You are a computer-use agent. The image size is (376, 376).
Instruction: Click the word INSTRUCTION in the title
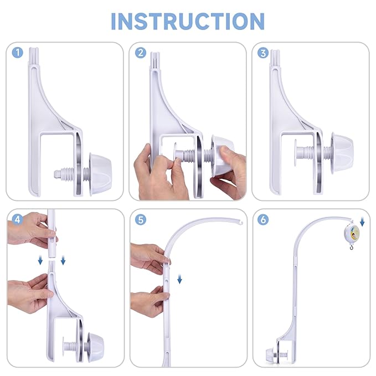188,20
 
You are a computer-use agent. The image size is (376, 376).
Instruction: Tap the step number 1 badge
18,53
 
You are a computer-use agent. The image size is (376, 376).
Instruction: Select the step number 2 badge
141,53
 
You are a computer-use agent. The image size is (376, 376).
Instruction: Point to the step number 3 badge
264,53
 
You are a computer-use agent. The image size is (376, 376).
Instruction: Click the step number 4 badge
18,219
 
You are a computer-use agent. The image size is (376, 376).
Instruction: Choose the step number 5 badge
141,219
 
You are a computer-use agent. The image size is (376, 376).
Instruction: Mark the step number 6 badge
264,219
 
